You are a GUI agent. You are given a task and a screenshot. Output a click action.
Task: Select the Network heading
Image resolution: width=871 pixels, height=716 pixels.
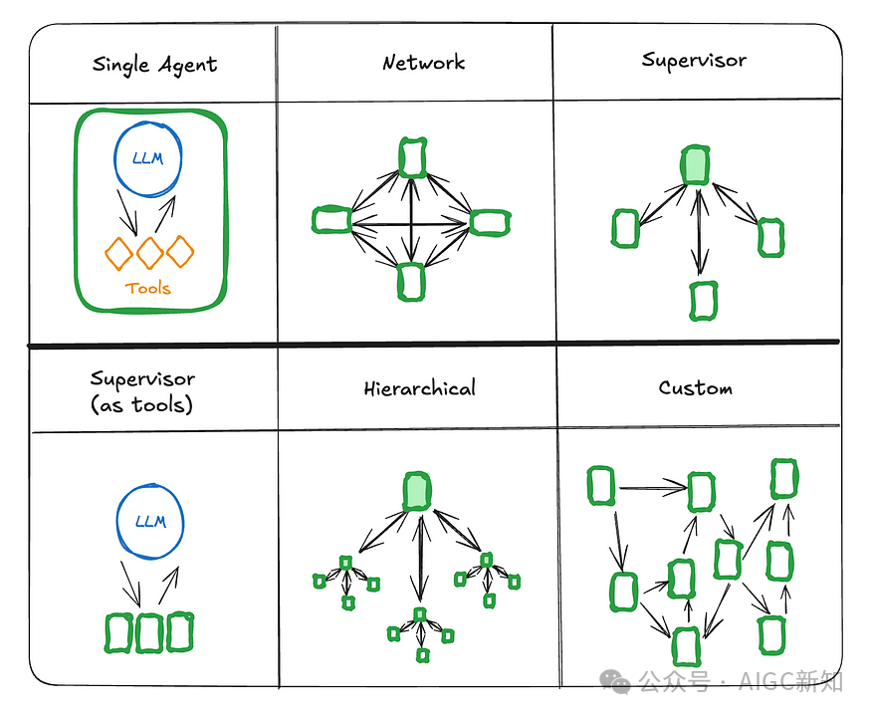coord(423,63)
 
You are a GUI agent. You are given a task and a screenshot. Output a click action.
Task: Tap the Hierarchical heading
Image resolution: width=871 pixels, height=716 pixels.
coord(419,387)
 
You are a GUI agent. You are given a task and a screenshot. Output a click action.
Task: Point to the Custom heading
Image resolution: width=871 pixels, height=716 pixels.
coord(695,387)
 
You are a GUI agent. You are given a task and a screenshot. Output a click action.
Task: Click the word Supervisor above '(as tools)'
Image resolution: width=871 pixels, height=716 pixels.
coord(142,378)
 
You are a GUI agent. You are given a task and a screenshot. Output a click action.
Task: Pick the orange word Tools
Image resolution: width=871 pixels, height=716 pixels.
coord(147,288)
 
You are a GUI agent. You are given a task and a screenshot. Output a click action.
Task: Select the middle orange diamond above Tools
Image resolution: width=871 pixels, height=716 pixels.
coord(149,251)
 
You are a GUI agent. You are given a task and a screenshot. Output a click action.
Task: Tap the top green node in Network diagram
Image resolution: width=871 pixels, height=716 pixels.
coord(412,156)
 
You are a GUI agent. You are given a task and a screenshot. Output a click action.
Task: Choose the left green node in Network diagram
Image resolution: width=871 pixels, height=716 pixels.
coord(331,219)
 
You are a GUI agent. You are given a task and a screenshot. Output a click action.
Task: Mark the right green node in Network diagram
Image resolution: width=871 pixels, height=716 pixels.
coord(490,222)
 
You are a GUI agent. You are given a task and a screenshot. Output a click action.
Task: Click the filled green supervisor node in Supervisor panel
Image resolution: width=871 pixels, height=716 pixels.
coord(696,165)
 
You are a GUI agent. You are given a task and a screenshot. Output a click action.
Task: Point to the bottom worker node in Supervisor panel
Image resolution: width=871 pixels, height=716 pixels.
coord(703,301)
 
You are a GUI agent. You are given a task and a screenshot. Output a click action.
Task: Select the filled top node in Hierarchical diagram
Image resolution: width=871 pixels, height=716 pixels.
coord(418,489)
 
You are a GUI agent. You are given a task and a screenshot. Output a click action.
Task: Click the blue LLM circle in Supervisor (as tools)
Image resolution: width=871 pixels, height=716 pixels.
coord(149,520)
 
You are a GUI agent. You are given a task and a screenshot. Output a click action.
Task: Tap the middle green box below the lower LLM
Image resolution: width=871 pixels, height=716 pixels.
coord(149,632)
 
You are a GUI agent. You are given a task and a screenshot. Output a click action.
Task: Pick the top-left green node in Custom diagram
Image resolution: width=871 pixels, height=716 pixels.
coord(600,486)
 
